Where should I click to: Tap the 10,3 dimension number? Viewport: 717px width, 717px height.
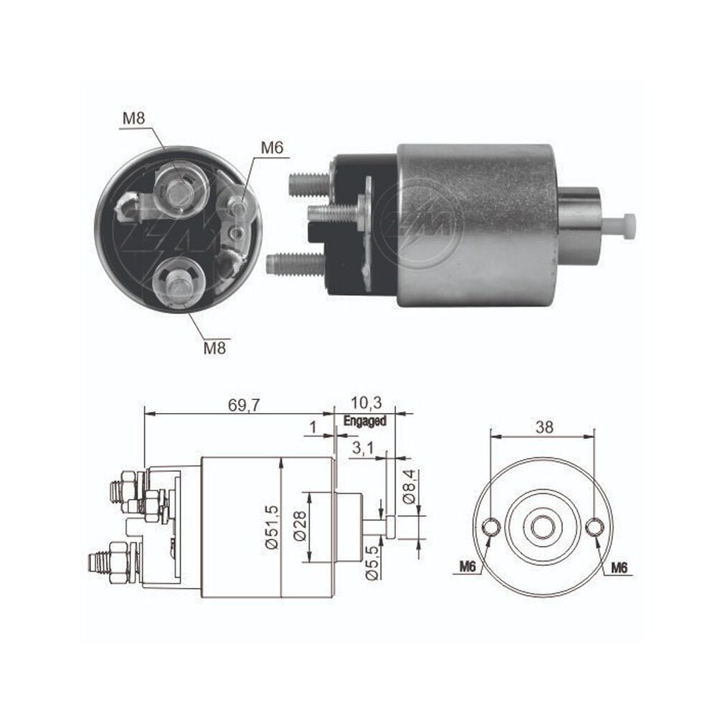[366, 403]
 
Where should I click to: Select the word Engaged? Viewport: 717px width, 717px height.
[365, 421]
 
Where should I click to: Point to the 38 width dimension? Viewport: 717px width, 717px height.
[544, 427]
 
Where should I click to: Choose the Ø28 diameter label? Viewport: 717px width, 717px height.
[300, 526]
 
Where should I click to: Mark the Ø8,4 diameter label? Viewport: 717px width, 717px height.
[409, 487]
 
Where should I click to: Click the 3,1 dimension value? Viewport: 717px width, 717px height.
[363, 449]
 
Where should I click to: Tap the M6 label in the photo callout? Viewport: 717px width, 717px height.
[272, 148]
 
